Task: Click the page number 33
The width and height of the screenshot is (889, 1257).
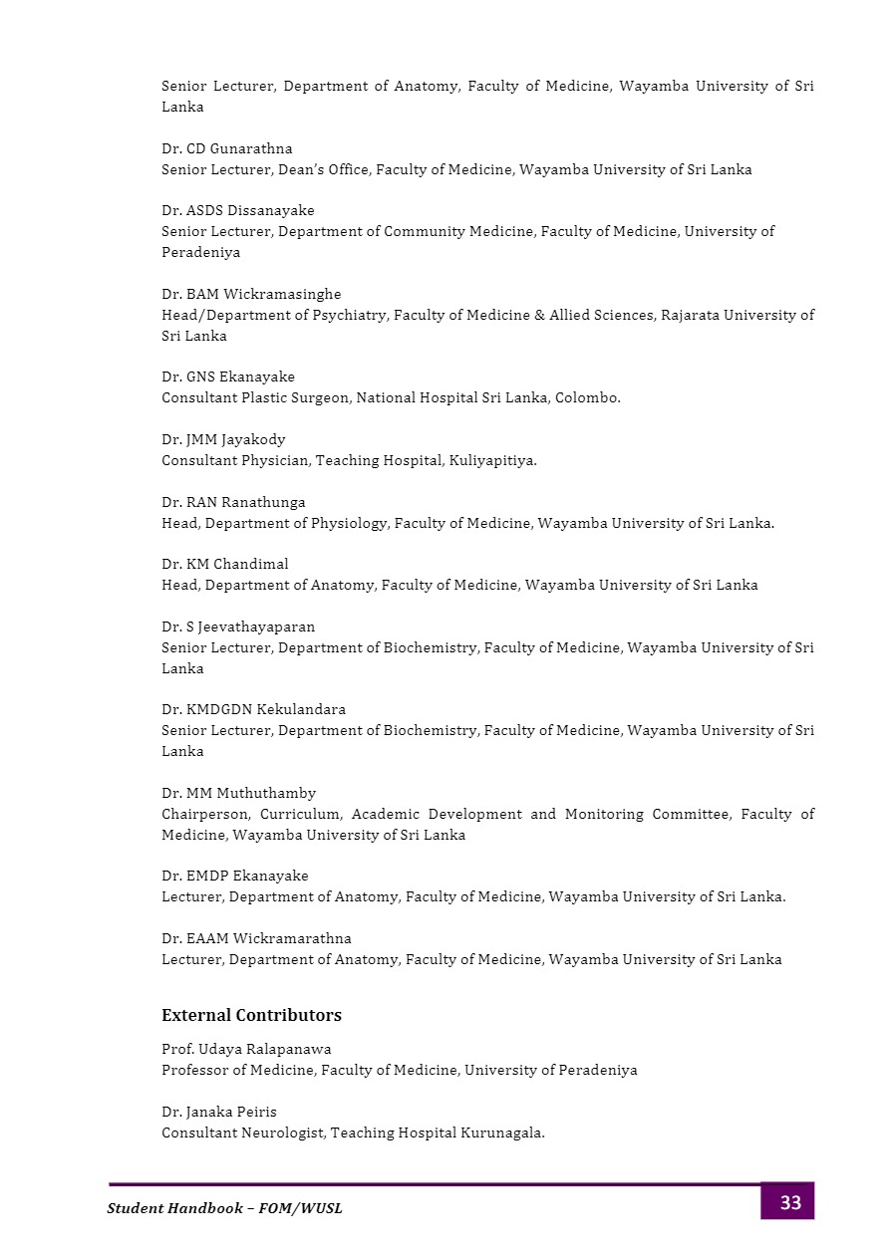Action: (x=789, y=1202)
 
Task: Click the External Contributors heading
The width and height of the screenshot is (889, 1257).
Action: (x=251, y=1015)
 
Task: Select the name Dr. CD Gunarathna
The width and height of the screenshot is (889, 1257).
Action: (x=227, y=148)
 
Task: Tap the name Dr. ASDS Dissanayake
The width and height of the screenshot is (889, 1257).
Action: (x=237, y=210)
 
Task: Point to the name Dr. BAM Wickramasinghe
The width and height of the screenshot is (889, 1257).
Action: (x=251, y=294)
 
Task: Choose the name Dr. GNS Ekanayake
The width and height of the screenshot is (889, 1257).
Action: (x=228, y=377)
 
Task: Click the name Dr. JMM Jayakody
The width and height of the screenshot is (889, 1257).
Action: (x=223, y=439)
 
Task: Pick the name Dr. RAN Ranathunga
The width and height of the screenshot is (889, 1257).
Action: (x=233, y=502)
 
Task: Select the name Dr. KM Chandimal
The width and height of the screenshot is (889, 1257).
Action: (x=224, y=564)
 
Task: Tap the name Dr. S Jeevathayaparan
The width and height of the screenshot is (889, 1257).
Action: (x=238, y=627)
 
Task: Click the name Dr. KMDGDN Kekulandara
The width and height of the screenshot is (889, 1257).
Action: (x=254, y=709)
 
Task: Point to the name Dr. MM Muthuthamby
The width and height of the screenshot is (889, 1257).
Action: (x=239, y=793)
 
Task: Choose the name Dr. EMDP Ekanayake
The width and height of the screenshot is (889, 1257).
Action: (x=235, y=876)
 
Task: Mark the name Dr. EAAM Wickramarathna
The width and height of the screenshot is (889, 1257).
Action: (x=256, y=938)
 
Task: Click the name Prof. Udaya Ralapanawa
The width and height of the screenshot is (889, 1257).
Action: (x=246, y=1049)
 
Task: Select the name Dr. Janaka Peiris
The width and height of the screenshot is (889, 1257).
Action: (x=218, y=1112)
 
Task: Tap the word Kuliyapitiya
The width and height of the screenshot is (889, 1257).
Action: (x=492, y=460)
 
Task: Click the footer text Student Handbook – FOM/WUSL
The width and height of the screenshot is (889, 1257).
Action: (x=224, y=1208)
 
